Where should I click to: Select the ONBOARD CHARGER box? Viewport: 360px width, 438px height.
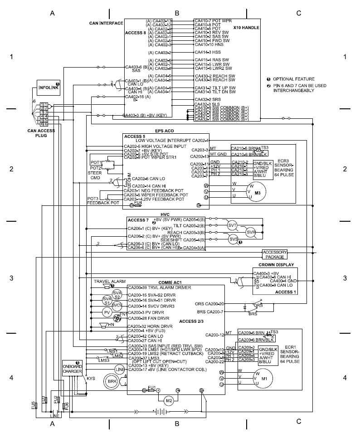pyautogui.click(x=72, y=368)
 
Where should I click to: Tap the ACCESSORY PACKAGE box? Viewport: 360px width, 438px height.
pyautogui.click(x=274, y=253)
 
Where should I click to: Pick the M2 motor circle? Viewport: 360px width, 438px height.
pyautogui.click(x=169, y=400)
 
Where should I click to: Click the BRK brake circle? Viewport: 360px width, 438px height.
pyautogui.click(x=111, y=381)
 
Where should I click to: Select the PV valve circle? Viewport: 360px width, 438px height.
pyautogui.click(x=107, y=312)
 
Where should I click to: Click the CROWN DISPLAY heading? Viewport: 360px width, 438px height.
pyautogui.click(x=276, y=264)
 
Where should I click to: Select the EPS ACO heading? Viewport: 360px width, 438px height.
pyautogui.click(x=164, y=131)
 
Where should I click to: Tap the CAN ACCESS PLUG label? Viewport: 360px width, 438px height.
pyautogui.click(x=41, y=133)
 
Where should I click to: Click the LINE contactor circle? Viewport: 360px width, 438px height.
pyautogui.click(x=120, y=370)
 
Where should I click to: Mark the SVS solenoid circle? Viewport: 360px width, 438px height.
pyautogui.click(x=234, y=239)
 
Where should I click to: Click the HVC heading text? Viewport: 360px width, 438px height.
pyautogui.click(x=165, y=214)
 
